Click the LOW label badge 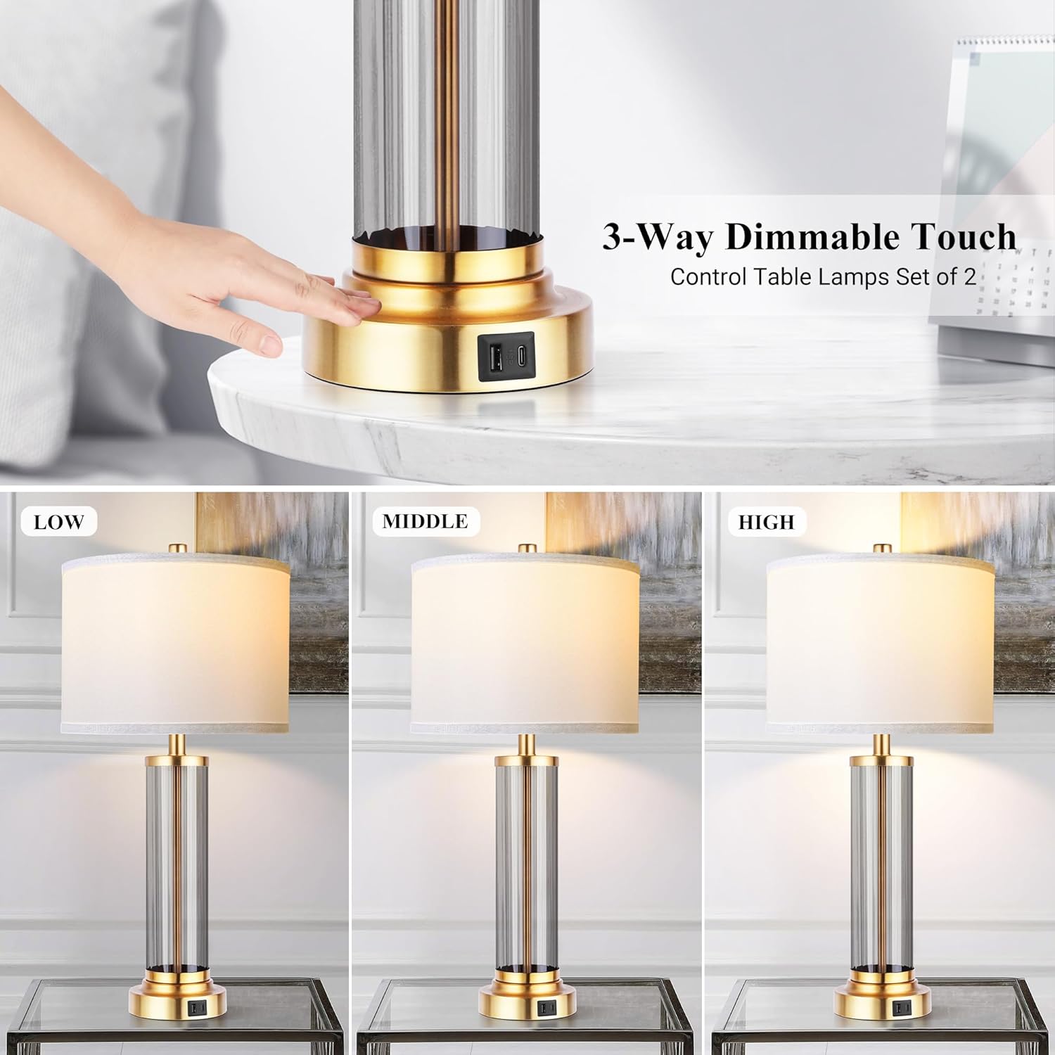click(x=58, y=522)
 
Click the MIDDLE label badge click(x=425, y=521)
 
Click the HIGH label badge click(x=766, y=522)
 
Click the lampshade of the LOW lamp click(x=176, y=644)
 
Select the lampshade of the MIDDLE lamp click(x=525, y=644)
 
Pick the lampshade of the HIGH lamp click(x=881, y=644)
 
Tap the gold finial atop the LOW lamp click(x=177, y=547)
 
